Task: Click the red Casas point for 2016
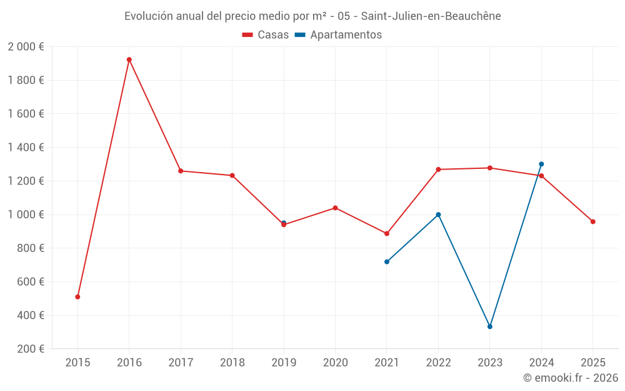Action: [x=129, y=60]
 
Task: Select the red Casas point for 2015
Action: [x=77, y=297]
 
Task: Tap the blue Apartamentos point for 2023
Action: [x=490, y=327]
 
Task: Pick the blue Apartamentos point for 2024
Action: [x=541, y=164]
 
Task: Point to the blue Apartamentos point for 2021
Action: [x=387, y=262]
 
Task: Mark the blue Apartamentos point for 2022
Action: [x=438, y=215]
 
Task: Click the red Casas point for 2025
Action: [x=593, y=221]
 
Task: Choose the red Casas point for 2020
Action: [x=335, y=208]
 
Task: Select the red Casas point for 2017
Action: [x=181, y=171]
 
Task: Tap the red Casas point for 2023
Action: [x=490, y=168]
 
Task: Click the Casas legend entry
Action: [x=266, y=35]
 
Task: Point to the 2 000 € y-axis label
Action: [x=26, y=46]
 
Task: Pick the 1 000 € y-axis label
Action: [x=26, y=215]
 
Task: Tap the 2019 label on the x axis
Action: [x=284, y=363]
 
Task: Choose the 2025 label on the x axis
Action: [x=593, y=363]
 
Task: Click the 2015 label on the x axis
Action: [x=77, y=363]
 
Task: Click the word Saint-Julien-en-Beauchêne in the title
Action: [x=431, y=16]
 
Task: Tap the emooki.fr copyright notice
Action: [x=571, y=378]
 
